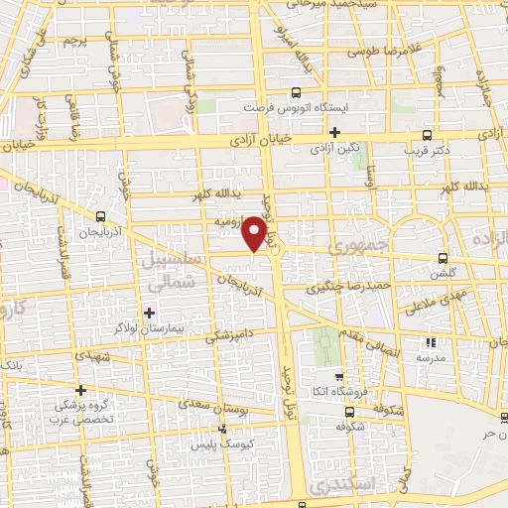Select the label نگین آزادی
334,148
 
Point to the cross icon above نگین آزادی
334,132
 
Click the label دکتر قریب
426,152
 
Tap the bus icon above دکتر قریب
427,136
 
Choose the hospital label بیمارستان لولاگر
150,327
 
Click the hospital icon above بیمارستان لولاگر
150,313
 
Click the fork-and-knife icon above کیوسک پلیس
222,430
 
